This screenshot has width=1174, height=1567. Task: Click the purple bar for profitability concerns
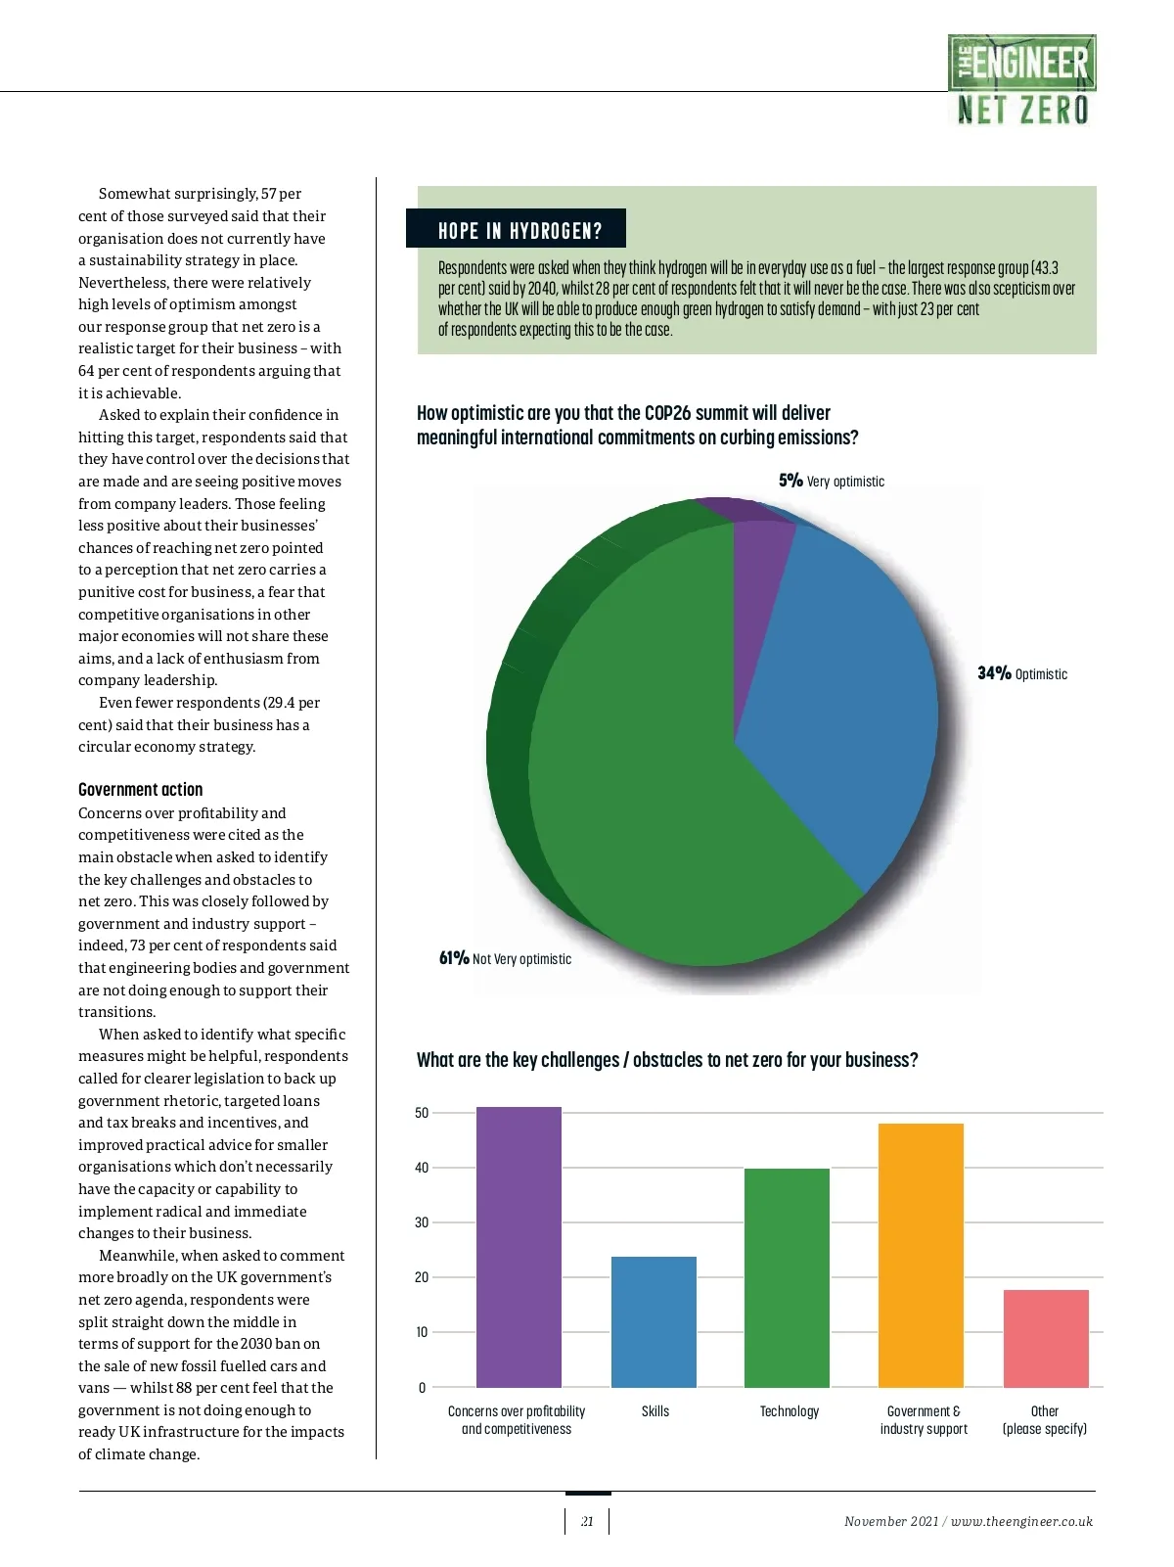click(519, 1247)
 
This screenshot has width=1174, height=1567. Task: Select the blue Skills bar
click(654, 1321)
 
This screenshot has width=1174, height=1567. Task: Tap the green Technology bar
click(787, 1277)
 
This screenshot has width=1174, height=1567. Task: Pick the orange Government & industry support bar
click(921, 1255)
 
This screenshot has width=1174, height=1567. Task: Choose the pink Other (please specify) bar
click(1046, 1338)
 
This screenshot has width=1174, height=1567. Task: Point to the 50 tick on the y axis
click(422, 1113)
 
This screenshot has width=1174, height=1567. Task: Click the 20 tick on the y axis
click(422, 1277)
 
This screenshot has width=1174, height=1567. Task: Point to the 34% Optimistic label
click(1022, 673)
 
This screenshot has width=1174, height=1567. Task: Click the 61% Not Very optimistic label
click(505, 958)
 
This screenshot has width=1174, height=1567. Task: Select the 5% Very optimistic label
click(832, 481)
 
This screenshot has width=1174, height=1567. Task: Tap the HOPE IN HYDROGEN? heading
click(519, 231)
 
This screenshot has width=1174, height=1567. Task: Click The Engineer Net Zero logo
click(1021, 80)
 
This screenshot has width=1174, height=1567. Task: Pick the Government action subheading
click(141, 789)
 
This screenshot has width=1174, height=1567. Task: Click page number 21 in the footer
click(587, 1521)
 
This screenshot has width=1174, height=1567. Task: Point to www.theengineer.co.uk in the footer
click(1021, 1521)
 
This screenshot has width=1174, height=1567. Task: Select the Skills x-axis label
click(655, 1410)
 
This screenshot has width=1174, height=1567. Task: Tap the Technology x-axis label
click(790, 1410)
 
